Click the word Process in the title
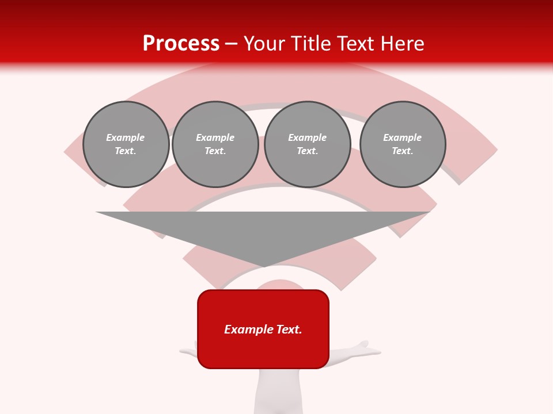[x=181, y=44]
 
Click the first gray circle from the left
[x=126, y=144]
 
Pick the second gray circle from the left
[x=215, y=144]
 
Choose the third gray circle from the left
[x=308, y=144]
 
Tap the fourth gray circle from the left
[x=403, y=144]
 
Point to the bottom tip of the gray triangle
[x=264, y=266]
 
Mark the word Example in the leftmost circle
[x=126, y=137]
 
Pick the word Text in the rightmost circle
[x=402, y=151]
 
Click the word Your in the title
[x=263, y=44]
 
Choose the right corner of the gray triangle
[x=429, y=213]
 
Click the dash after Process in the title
[x=232, y=44]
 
